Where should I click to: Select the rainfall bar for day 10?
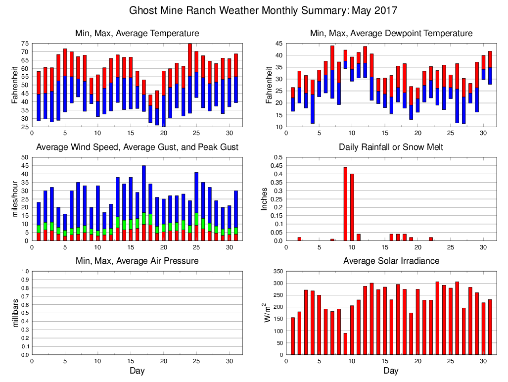pyautogui.click(x=352, y=207)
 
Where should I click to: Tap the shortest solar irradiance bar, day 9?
pyautogui.click(x=345, y=344)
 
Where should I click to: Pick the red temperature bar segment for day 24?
pyautogui.click(x=190, y=60)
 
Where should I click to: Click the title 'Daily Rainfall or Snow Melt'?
pyautogui.click(x=391, y=147)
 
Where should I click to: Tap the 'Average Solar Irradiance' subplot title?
pyautogui.click(x=391, y=261)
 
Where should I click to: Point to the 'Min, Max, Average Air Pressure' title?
pyautogui.click(x=137, y=261)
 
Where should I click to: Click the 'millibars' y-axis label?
pyautogui.click(x=15, y=313)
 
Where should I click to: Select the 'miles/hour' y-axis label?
pyautogui.click(x=15, y=199)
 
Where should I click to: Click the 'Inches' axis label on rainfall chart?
pyautogui.click(x=264, y=199)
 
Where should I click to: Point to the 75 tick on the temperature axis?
pyautogui.click(x=24, y=44)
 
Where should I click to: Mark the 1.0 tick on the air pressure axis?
pyautogui.click(x=25, y=272)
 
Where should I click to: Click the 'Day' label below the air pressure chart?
pyautogui.click(x=137, y=371)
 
